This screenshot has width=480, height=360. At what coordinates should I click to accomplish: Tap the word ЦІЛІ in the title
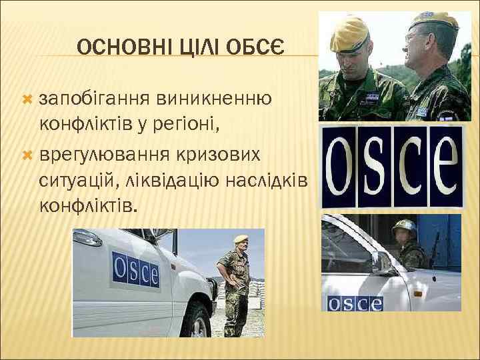pyautogui.click(x=194, y=47)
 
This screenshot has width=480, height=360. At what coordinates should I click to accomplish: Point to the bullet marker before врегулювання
pyautogui.click(x=27, y=155)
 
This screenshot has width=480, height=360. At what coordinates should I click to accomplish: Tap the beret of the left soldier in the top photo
pyautogui.click(x=348, y=32)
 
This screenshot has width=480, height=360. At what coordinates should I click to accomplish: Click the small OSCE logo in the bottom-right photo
pyautogui.click(x=353, y=303)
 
